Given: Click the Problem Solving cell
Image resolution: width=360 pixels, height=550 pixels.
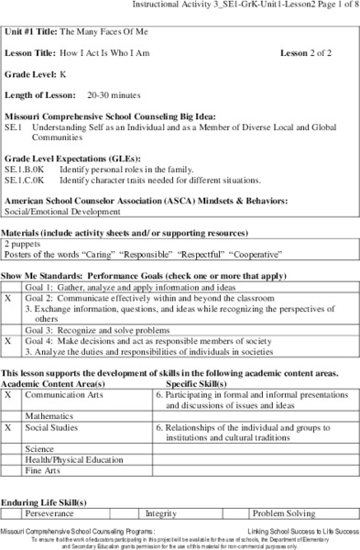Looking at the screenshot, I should click(x=283, y=514).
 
